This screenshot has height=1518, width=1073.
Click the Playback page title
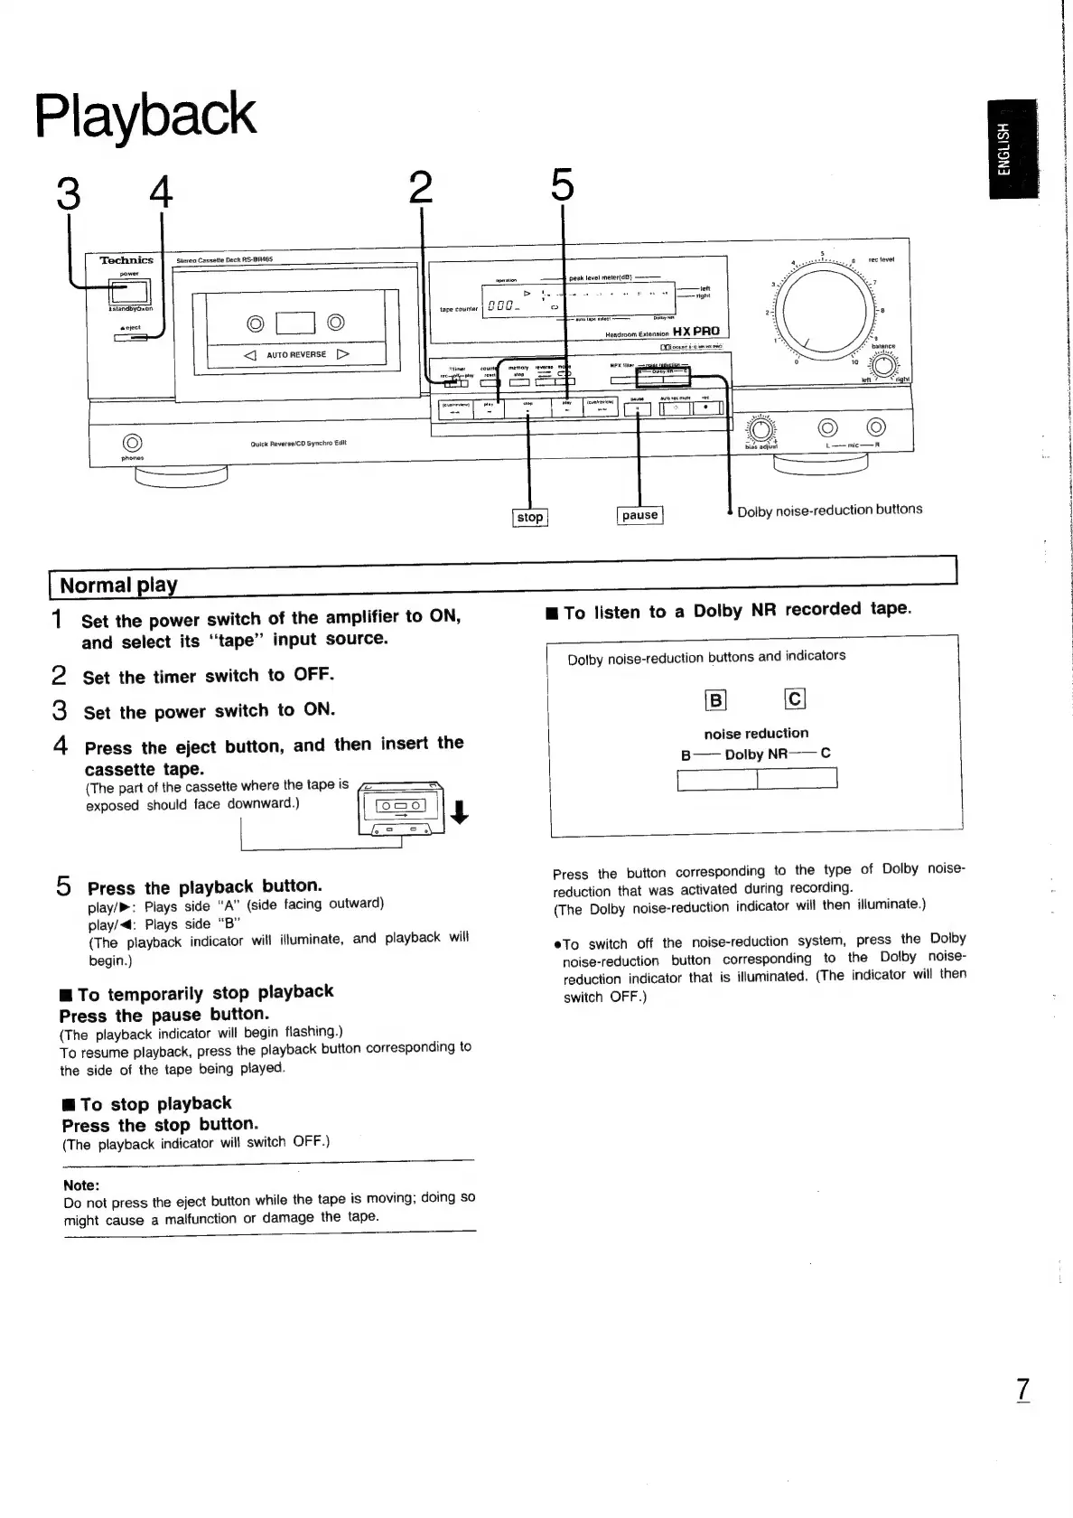click(x=145, y=116)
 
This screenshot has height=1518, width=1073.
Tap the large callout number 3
click(x=68, y=192)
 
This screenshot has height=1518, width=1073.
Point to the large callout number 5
click(x=562, y=186)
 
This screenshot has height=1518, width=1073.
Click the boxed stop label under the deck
click(x=529, y=518)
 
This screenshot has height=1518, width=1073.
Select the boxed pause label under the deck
click(x=639, y=515)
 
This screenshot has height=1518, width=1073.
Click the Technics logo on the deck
click(x=126, y=260)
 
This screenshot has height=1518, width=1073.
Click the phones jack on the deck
click(x=132, y=443)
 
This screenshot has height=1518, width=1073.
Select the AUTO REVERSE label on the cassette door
click(x=296, y=355)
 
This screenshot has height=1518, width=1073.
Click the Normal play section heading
click(x=118, y=585)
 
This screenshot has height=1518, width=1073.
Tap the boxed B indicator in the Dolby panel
click(x=715, y=700)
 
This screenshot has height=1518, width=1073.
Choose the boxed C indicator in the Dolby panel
click(x=795, y=698)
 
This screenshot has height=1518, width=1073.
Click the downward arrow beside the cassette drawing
click(x=459, y=812)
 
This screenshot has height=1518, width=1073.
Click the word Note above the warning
click(x=81, y=1185)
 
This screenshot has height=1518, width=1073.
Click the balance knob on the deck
click(x=882, y=365)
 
